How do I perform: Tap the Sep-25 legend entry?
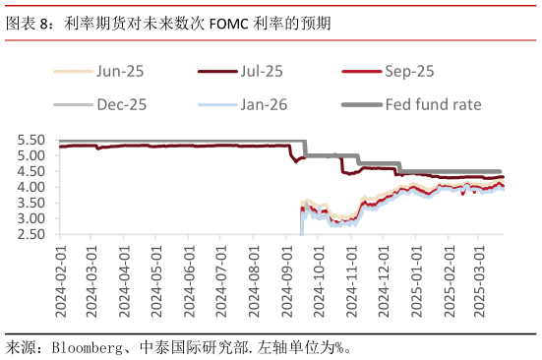pyautogui.click(x=407, y=71)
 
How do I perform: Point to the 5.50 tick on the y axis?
pyautogui.click(x=32, y=141)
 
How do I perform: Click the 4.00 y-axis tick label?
pyautogui.click(x=32, y=187)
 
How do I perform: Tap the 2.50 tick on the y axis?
pyautogui.click(x=32, y=234)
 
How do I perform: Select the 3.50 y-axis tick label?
pyautogui.click(x=32, y=203)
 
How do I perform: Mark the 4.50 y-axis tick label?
pyautogui.click(x=32, y=171)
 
